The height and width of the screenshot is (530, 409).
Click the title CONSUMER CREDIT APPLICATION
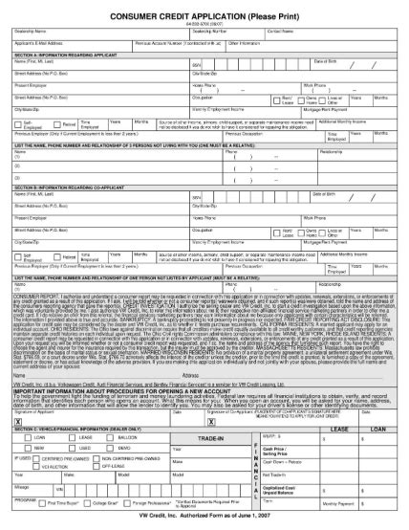204,17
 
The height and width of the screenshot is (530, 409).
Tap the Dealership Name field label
34,31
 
